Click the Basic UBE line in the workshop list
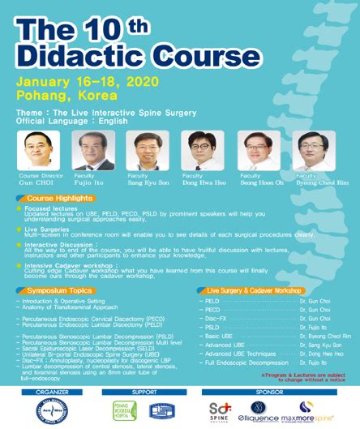(x=219, y=334)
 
